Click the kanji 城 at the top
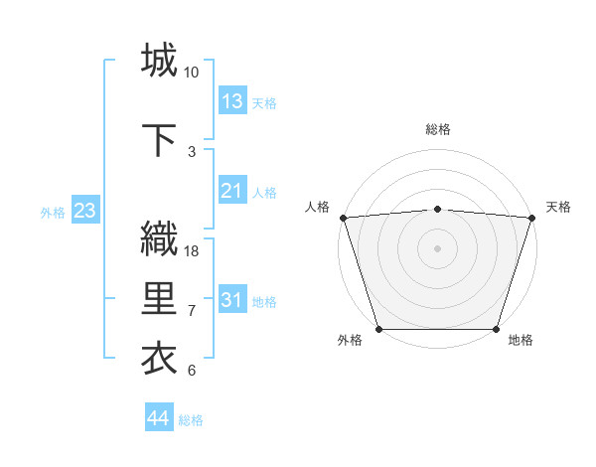point(159,61)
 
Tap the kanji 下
point(159,139)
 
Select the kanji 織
point(159,239)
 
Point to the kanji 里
point(159,299)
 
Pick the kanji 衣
point(159,359)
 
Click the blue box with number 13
point(232,101)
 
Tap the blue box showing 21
point(232,191)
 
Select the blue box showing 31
point(232,300)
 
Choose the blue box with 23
point(84,211)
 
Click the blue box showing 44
point(159,418)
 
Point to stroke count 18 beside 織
point(193,251)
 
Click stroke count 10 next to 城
point(192,73)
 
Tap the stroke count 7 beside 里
point(192,311)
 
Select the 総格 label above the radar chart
point(437,129)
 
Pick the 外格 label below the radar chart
point(350,341)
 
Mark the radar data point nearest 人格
point(343,218)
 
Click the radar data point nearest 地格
point(496,329)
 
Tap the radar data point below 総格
point(437,209)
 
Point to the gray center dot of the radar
point(437,248)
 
